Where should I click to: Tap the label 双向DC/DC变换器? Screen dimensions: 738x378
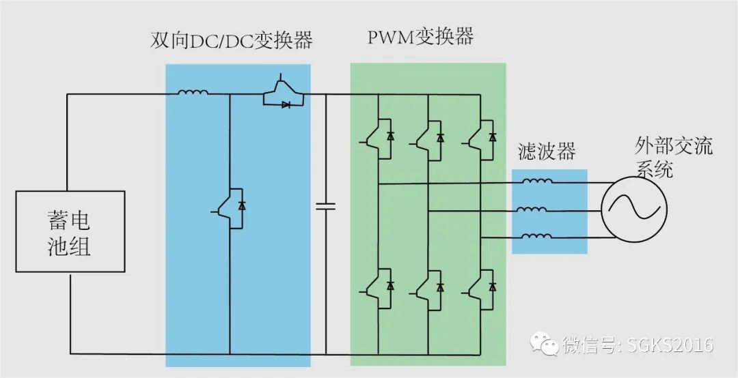point(231,41)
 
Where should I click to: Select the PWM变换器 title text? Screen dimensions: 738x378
point(420,37)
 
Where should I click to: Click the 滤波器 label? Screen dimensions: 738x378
point(547,152)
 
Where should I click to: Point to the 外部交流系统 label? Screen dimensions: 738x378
point(674,157)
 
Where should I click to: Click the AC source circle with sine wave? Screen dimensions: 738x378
point(633,209)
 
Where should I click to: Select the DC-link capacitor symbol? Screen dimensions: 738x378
point(326,205)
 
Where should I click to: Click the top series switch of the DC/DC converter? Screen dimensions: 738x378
point(283,93)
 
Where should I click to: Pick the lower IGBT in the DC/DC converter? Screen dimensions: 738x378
point(228,208)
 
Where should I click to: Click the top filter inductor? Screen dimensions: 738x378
point(538,181)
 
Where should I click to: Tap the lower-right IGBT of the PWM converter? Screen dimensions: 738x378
point(480,289)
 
